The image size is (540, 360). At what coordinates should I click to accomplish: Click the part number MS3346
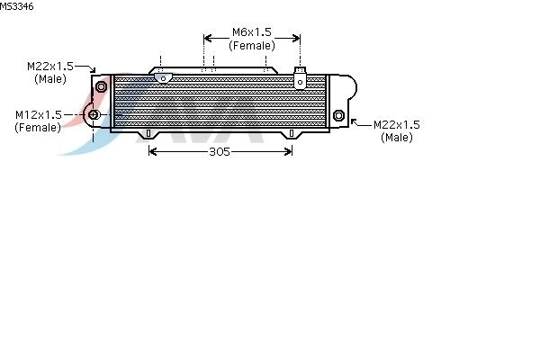pos(16,6)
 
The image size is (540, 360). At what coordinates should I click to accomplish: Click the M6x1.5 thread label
pos(252,32)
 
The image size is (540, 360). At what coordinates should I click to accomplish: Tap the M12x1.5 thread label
pos(39,114)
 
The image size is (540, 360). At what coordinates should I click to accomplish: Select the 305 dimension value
pos(220,151)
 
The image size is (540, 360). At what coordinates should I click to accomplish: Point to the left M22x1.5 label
pos(50,66)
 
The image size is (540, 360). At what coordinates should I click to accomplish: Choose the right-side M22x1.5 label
pos(397,124)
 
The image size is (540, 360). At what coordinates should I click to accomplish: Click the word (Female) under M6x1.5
pos(252,46)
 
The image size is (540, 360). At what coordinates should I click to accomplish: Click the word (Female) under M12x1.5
pos(38,128)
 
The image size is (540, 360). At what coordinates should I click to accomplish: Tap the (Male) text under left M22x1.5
pos(50,79)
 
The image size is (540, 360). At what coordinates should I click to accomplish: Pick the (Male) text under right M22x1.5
pos(397,138)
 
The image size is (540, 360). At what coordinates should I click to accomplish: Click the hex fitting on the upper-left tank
pos(101,86)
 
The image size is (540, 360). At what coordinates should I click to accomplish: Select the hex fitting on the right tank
pos(338,115)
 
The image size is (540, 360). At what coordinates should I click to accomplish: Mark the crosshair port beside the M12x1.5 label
pos(94,114)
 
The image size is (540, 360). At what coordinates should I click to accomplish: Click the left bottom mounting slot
pos(148,133)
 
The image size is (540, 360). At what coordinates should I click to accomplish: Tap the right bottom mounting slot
pos(292,133)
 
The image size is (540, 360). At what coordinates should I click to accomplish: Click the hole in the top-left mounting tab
pos(163,79)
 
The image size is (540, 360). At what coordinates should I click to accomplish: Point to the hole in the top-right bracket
pos(300,82)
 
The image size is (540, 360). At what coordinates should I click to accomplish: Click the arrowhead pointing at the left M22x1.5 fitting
pos(93,70)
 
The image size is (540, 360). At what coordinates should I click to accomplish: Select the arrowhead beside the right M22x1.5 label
pos(354,122)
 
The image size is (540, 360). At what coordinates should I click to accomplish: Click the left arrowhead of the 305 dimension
pos(152,151)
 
